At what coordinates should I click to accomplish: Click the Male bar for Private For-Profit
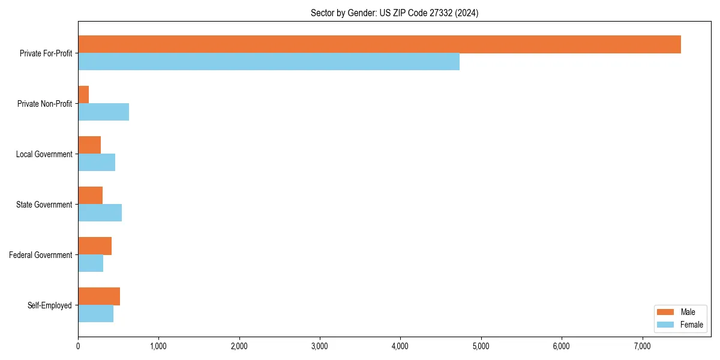pos(379,44)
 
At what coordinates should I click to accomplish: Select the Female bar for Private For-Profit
pos(269,61)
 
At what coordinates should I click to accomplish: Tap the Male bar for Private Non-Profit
pos(83,95)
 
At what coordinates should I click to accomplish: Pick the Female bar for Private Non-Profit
pos(103,112)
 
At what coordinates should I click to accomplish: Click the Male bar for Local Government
pos(89,145)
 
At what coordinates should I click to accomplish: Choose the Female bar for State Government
pos(100,212)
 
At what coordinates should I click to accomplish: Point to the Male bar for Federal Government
pos(95,246)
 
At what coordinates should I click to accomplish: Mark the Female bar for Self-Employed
pos(95,313)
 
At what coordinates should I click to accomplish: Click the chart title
pos(394,13)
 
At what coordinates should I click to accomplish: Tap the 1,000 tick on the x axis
pos(158,346)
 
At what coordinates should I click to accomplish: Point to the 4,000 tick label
pos(400,346)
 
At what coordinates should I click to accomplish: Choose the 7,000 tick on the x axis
pos(642,346)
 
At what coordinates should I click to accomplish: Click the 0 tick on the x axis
pos(78,346)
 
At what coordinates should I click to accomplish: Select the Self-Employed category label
pos(50,305)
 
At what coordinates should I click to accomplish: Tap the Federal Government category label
pos(41,255)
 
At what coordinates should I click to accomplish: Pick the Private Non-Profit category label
pos(44,104)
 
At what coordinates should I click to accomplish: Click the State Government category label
pos(44,205)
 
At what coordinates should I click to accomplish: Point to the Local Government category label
pos(44,154)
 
